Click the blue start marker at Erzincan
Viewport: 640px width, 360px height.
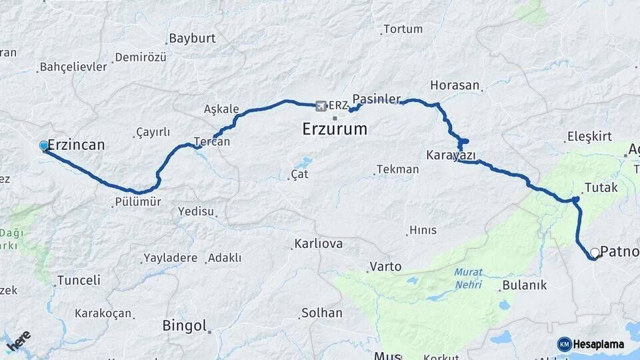[44, 145]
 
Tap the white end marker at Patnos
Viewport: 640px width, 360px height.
[594, 253]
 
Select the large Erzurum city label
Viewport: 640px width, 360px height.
[335, 129]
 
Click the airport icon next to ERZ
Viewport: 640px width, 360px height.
[321, 105]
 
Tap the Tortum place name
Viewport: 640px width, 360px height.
[403, 29]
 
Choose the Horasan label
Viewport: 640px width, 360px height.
[455, 85]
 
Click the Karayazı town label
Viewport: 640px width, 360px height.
[451, 155]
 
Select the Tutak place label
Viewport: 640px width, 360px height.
[601, 188]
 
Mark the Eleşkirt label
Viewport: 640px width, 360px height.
[589, 137]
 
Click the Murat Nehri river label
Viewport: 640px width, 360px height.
[468, 278]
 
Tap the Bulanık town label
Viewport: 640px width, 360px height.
[524, 285]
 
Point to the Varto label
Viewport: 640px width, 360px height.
[385, 267]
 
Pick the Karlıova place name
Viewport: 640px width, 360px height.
[319, 244]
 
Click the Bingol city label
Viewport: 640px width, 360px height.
[185, 326]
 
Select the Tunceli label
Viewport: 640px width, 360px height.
[79, 281]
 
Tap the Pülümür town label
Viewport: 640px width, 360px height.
[138, 202]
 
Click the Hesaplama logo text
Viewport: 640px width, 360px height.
[599, 344]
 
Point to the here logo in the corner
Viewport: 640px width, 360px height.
[19, 341]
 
